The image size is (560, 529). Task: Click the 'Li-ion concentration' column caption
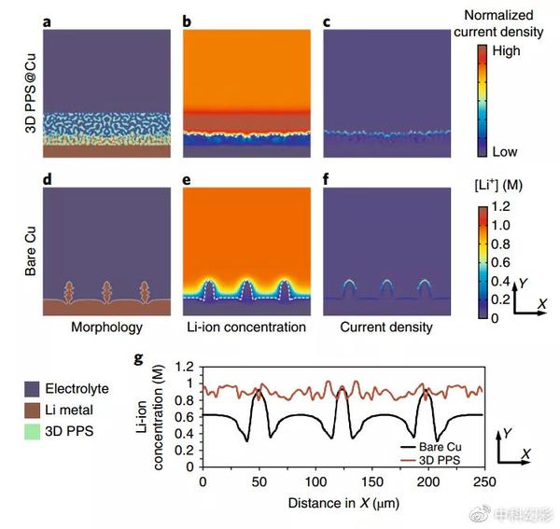pos(245,327)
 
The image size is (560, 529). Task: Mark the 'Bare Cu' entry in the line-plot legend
pos(439,447)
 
